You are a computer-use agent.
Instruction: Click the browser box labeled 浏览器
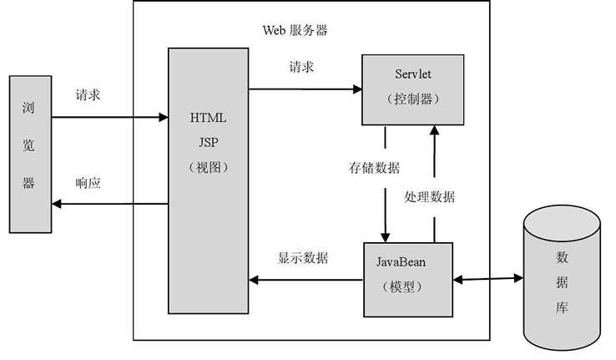coord(29,153)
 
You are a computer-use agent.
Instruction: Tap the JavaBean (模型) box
coord(407,279)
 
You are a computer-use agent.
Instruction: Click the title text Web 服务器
coord(295,31)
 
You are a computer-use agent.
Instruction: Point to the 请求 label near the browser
coord(88,96)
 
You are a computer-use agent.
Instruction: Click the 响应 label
coord(88,183)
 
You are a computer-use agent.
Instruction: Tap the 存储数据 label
coord(373,167)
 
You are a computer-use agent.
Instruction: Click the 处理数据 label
coord(429,197)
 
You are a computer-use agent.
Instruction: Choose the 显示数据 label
coord(302,257)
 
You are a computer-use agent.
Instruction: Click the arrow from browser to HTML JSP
coord(109,117)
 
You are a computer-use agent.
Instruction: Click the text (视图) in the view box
coord(209,167)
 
